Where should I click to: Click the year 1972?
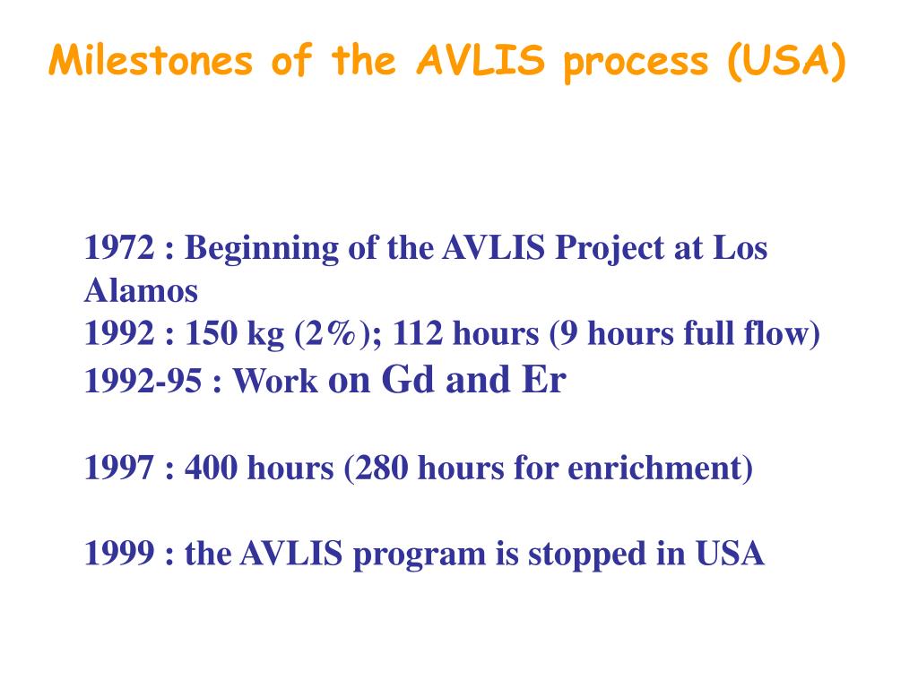click(121, 248)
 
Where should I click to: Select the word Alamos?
click(141, 290)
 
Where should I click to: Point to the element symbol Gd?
click(408, 380)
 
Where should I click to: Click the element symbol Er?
click(542, 380)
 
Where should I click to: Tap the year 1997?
click(121, 468)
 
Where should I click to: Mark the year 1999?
click(121, 555)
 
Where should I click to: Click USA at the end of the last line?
click(730, 555)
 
